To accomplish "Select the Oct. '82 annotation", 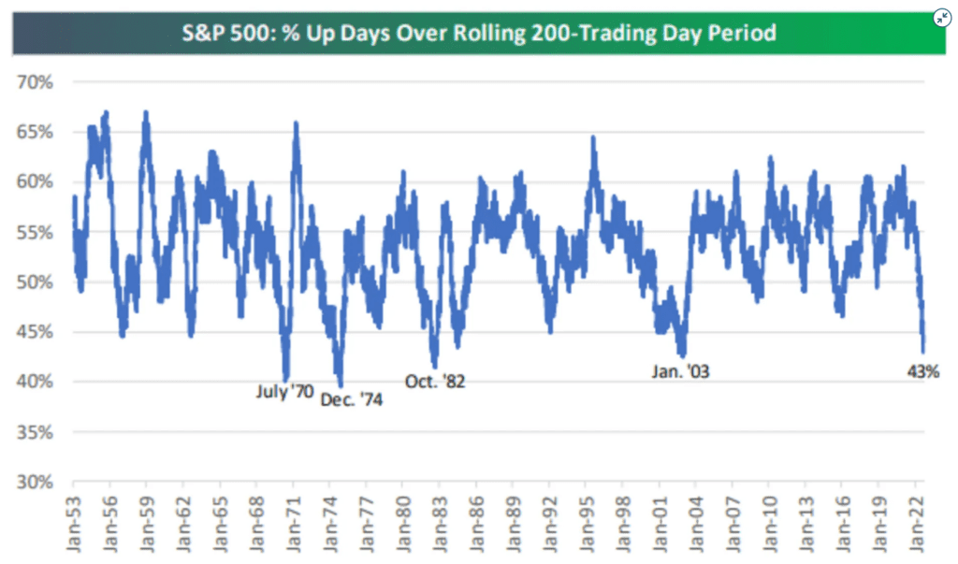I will [435, 382].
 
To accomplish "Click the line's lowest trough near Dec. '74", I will [341, 384].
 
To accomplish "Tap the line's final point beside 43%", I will [923, 350].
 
